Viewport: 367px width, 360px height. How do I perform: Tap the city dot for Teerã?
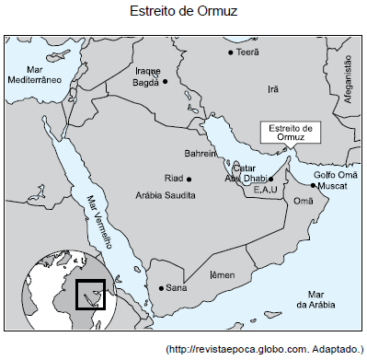tap(231, 52)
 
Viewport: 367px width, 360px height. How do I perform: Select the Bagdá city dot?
tap(166, 81)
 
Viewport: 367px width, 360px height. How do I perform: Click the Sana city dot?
tap(161, 287)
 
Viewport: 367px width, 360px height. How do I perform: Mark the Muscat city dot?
tap(313, 185)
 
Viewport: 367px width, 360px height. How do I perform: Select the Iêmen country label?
tap(223, 275)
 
